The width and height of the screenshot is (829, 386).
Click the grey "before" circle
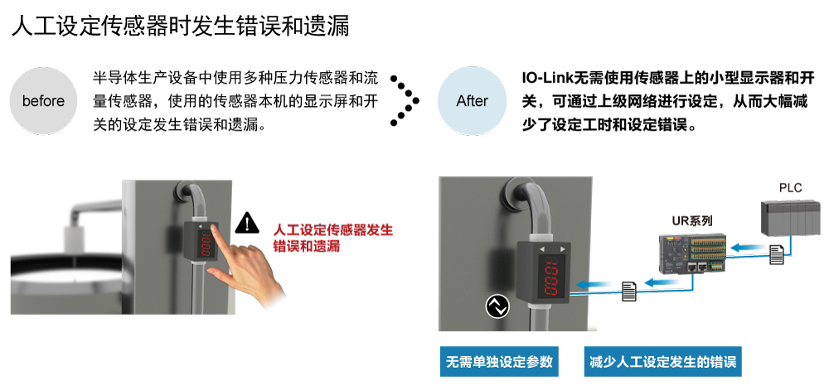coord(44,100)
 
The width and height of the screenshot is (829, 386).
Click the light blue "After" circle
coord(473,100)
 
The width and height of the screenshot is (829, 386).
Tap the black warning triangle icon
coord(247,223)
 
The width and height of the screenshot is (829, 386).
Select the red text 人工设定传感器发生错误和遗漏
coord(333,239)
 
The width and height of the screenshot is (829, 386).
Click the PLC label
coord(790,187)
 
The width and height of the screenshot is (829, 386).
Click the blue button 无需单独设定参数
coord(499,362)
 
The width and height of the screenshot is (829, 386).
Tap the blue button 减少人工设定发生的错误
coord(663,362)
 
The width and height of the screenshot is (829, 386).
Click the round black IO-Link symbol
coord(497,306)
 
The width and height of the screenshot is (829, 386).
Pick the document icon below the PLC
coord(777,256)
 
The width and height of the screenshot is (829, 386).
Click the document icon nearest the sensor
coord(629,291)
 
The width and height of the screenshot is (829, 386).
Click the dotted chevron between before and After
coord(405,100)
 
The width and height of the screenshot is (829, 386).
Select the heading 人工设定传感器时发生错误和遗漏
coord(180,26)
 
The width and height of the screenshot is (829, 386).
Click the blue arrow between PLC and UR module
coord(749,245)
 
